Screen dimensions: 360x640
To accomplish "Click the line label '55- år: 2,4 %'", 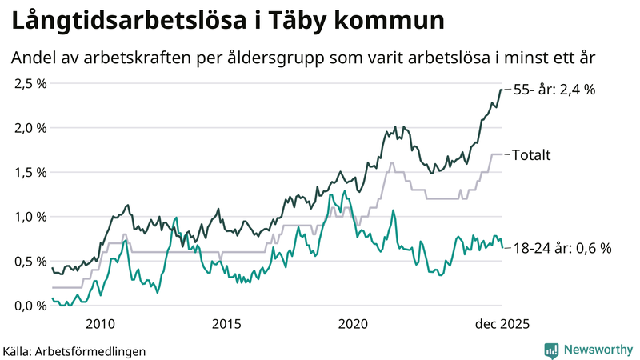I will point(554,90).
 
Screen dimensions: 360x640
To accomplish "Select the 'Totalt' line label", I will point(531,155).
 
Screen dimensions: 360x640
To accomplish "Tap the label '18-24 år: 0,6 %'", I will point(562,248).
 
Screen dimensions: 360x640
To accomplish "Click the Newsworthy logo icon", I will point(551,350).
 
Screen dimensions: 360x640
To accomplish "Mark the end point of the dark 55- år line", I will point(502,90).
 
